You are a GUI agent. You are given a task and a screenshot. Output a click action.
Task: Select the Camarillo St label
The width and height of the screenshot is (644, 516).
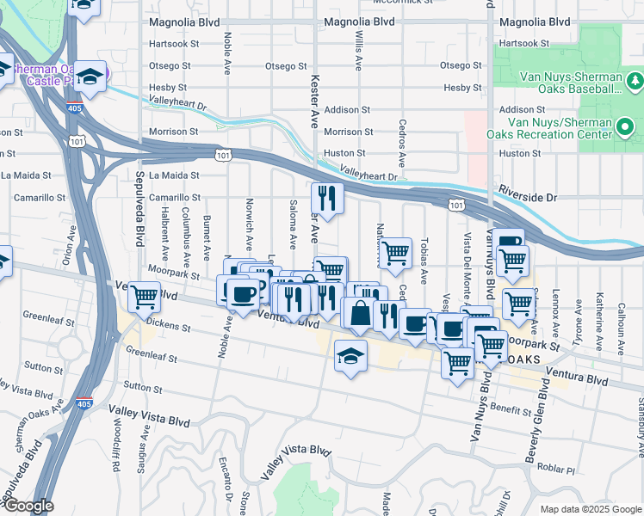pos(174,198)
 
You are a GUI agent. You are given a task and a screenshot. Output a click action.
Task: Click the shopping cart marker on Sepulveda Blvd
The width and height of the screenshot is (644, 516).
pos(144,296)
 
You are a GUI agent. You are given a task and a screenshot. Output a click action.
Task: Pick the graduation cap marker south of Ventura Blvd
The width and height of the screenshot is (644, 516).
pos(350,355)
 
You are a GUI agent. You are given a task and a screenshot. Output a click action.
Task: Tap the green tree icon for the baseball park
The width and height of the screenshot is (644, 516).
pos(635,81)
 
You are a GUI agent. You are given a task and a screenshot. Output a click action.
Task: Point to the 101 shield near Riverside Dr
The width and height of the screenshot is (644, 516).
pos(455,204)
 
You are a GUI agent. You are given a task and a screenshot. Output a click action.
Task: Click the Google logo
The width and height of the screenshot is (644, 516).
pos(28,506)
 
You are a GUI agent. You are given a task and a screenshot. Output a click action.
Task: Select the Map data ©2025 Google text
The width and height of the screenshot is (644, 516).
pos(589,509)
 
